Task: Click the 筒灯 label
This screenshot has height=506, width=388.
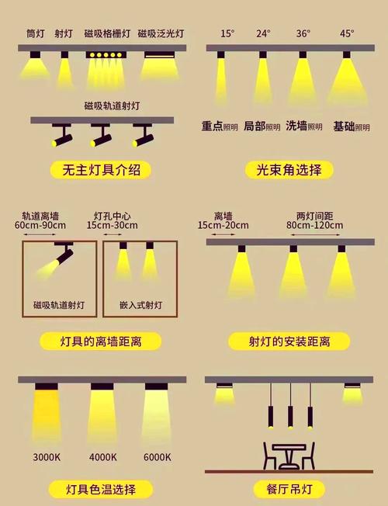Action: (x=36, y=34)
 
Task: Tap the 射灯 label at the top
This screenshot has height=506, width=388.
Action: (x=64, y=34)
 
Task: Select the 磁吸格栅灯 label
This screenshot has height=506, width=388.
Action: (x=107, y=34)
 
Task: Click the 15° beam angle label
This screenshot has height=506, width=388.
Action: (x=227, y=33)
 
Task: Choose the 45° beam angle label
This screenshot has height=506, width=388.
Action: (x=346, y=33)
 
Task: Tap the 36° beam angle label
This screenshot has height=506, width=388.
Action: (x=303, y=33)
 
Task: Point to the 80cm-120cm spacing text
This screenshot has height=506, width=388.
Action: (x=315, y=226)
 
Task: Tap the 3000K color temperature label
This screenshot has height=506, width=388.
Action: (x=47, y=457)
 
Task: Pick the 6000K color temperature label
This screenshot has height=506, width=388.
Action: (x=158, y=457)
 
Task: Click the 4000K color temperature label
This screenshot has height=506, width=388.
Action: (x=102, y=457)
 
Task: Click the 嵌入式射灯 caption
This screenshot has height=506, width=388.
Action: (x=140, y=305)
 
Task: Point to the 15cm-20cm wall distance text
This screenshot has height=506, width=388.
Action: (x=223, y=226)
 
